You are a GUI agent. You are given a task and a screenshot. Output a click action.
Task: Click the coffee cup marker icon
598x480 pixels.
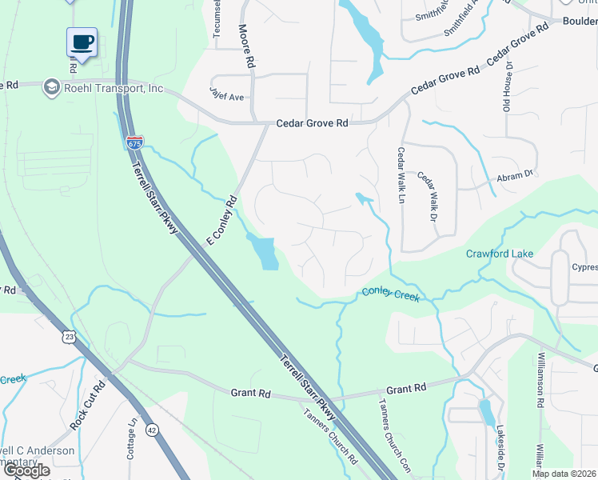point(81,42)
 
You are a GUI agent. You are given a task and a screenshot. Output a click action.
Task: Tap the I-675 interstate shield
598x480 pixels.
point(134,142)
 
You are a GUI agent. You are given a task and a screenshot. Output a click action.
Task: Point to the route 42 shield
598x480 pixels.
point(151,430)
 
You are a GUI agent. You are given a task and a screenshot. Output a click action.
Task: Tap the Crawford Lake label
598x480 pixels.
point(500,254)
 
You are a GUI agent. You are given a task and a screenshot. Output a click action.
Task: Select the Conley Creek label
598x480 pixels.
point(389,294)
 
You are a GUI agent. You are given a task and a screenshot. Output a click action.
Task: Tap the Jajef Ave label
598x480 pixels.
point(227,97)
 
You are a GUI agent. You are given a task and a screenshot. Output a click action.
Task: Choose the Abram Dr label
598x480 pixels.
point(515,176)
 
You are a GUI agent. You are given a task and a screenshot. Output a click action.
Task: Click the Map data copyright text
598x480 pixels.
point(563,474)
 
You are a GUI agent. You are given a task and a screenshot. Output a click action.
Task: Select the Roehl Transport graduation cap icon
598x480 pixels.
point(52,87)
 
